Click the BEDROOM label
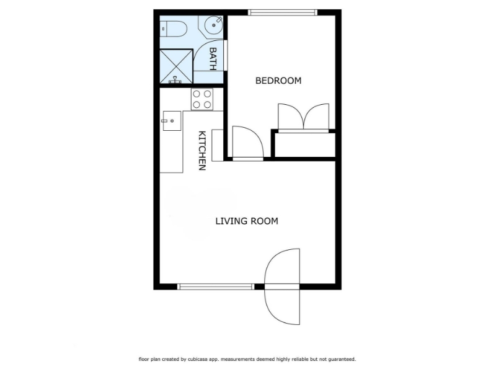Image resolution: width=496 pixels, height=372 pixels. point(278,81)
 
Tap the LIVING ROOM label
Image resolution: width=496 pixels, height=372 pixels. point(247,221)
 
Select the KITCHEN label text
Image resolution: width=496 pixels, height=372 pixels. point(202,151)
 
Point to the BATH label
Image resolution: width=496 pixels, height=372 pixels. point(213,59)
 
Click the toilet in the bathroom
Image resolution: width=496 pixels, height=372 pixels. point(174,29)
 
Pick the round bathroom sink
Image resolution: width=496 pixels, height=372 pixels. point(213,25)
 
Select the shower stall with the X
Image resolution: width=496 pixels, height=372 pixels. point(176,66)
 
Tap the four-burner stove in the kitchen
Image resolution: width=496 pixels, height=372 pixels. point(202,99)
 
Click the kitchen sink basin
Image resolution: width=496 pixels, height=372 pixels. point(172,121)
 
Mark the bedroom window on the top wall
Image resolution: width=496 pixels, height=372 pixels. point(283,12)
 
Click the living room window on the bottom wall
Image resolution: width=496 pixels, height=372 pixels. point(215,286)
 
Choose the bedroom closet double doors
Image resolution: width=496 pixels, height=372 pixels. point(303,117)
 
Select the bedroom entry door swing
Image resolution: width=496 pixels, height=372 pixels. point(248,142)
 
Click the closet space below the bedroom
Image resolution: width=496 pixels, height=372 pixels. point(305,145)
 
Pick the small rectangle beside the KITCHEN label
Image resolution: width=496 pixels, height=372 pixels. point(218,145)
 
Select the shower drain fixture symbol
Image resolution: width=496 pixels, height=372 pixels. point(175,81)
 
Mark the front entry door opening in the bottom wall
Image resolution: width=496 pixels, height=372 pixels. point(282,286)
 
